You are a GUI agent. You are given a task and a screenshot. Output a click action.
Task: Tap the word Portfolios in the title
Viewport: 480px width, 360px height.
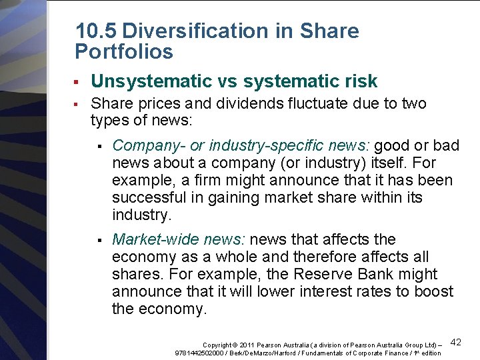pyautogui.click(x=124, y=51)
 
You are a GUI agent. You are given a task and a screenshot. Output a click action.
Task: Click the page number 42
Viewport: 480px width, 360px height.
pyautogui.click(x=457, y=342)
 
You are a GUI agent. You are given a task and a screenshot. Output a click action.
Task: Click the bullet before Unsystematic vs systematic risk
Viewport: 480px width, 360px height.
pyautogui.click(x=77, y=82)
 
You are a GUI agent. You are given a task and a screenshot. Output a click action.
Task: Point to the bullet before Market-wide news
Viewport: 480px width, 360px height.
pyautogui.click(x=98, y=240)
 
